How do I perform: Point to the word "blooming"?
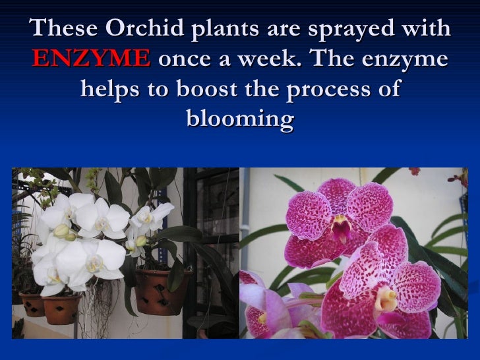pos(240,119)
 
